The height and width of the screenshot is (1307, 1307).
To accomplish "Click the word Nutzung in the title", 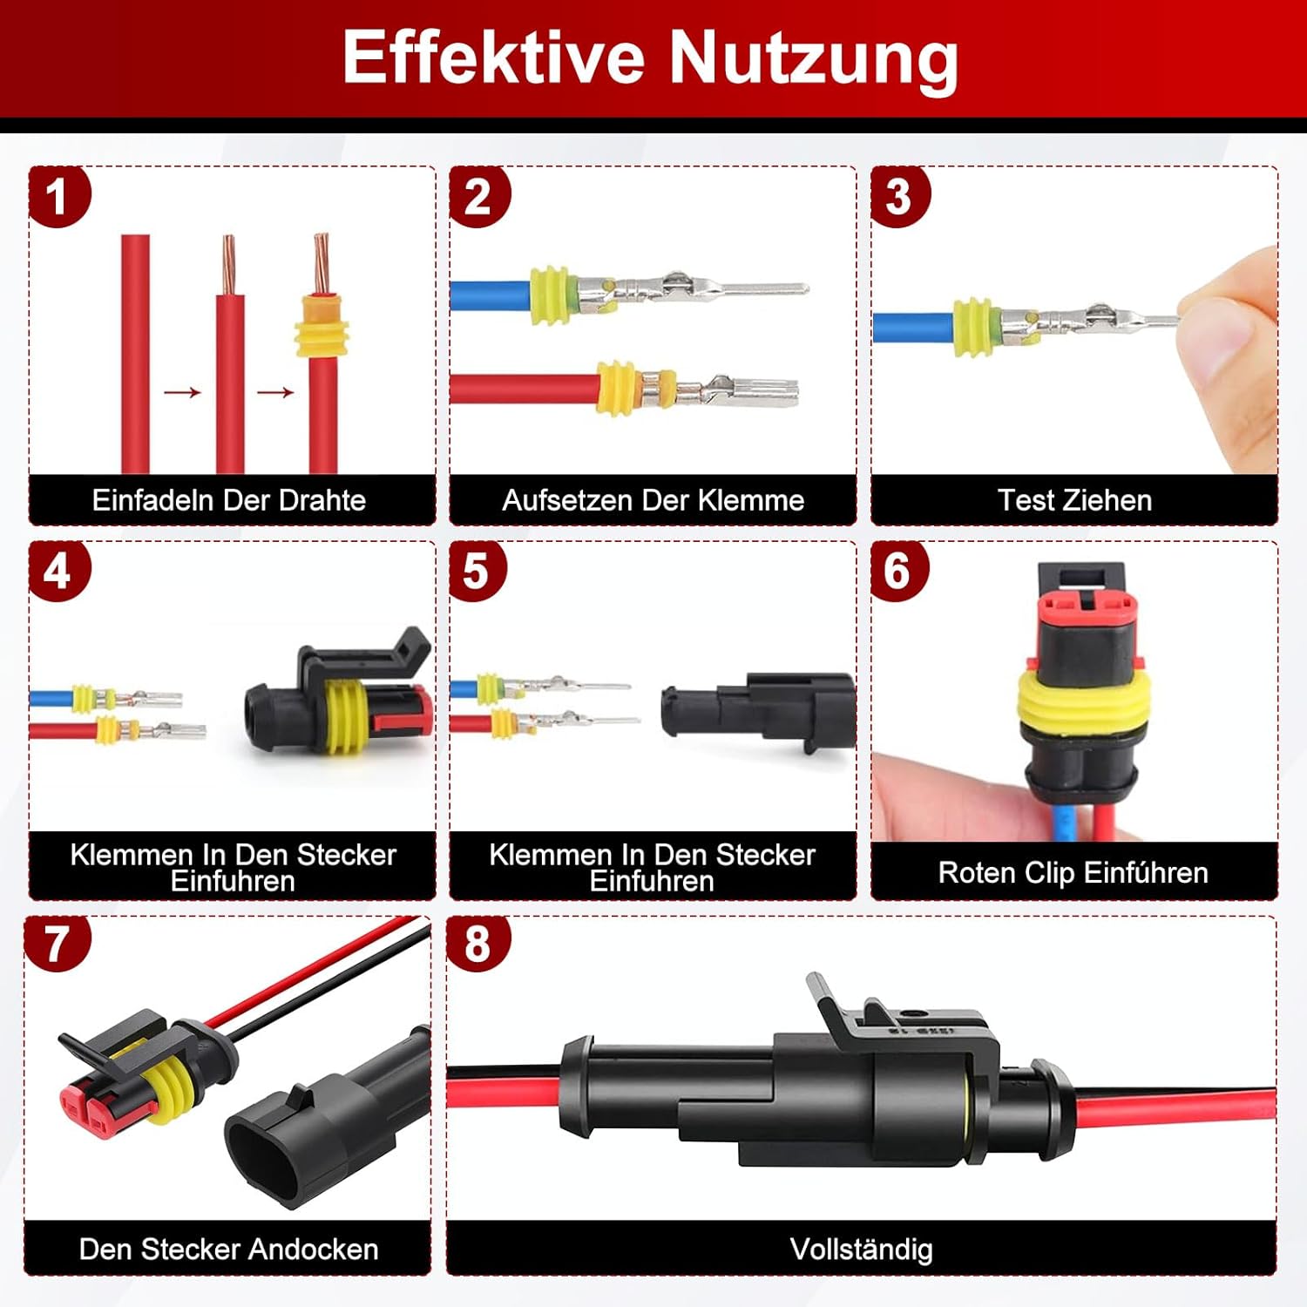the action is (814, 58).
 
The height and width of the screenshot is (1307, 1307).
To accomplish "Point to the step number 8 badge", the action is (477, 944).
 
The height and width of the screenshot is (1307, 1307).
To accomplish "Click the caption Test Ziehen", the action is (1074, 500).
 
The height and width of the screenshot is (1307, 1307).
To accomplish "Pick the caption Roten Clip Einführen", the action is (1073, 872).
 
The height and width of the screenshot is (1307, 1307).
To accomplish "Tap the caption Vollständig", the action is (861, 1249).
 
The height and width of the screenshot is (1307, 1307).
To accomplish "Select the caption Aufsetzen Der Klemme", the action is (653, 500).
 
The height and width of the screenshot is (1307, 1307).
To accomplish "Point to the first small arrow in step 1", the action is (182, 393).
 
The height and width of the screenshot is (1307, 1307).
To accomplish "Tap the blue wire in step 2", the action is (491, 295).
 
